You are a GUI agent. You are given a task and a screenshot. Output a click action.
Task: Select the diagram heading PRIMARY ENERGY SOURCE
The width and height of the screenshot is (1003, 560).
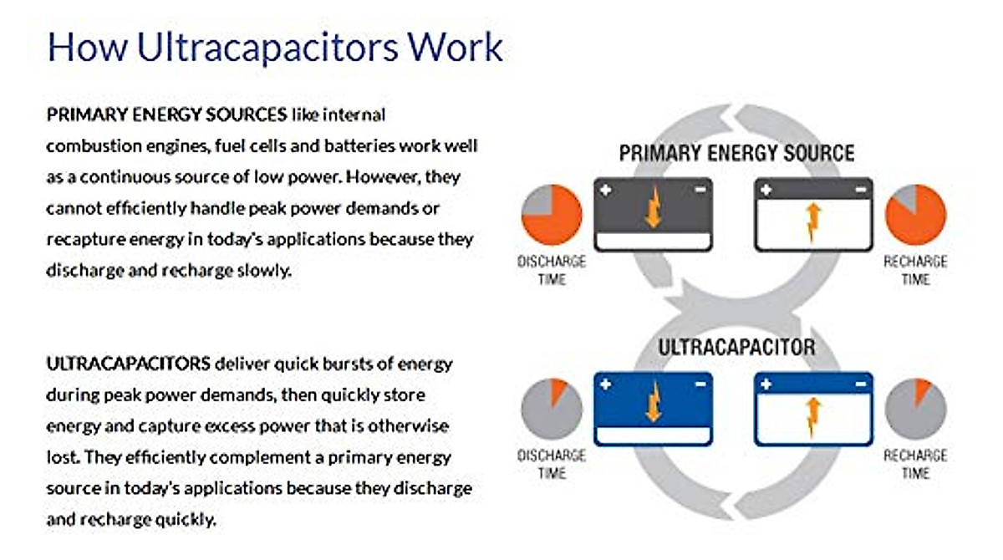(x=736, y=153)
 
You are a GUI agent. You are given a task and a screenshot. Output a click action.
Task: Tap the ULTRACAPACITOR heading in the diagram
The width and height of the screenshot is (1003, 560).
(x=736, y=348)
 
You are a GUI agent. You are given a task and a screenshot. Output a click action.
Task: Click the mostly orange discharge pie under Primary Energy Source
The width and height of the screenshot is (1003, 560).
(x=552, y=215)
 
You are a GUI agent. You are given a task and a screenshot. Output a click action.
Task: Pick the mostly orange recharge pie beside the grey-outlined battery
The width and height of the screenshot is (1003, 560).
(x=916, y=215)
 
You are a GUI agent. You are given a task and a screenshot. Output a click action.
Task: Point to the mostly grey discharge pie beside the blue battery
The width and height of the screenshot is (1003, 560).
(x=552, y=409)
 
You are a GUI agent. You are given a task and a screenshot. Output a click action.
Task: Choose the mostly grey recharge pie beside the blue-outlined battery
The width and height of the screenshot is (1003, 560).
(x=916, y=409)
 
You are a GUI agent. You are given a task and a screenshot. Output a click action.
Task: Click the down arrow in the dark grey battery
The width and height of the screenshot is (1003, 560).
(x=654, y=206)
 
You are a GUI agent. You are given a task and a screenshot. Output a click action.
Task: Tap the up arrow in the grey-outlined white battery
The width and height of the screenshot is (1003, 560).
(x=813, y=222)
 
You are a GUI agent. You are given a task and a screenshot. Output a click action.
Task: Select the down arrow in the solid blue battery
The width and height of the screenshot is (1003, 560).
(x=654, y=401)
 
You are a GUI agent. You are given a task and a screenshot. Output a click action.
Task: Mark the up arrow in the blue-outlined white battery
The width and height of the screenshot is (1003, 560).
(x=813, y=417)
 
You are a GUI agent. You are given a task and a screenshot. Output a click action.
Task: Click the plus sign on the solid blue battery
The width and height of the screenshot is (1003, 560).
(x=605, y=384)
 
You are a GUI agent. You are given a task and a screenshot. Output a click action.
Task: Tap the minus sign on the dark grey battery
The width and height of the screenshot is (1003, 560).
(x=700, y=190)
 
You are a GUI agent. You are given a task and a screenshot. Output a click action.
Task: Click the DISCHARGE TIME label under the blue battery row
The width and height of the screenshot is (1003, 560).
(x=552, y=464)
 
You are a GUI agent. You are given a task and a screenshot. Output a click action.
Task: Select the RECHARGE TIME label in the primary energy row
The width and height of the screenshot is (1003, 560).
(x=916, y=270)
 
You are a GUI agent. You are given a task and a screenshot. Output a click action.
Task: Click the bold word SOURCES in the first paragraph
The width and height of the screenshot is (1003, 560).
(x=246, y=115)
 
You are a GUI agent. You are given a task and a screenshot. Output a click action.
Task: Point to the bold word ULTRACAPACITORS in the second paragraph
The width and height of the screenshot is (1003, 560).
(x=129, y=364)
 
